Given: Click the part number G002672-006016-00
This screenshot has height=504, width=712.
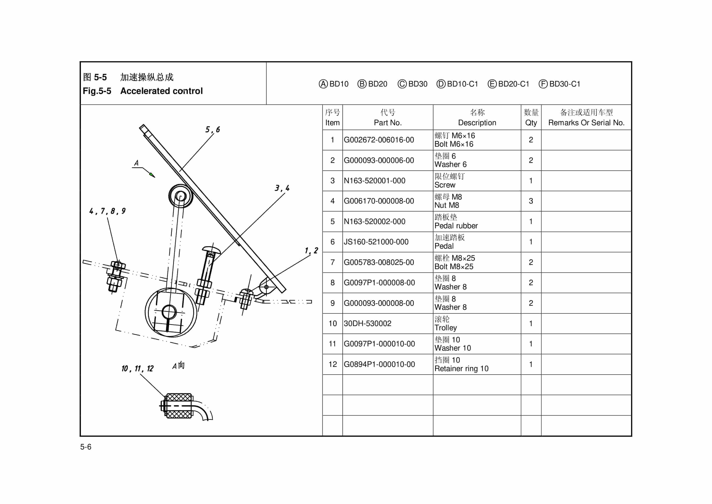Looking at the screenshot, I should (379, 140).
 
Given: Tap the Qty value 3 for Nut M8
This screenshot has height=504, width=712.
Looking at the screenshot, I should (531, 201).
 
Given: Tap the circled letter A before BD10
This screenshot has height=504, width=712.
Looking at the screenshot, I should (323, 84).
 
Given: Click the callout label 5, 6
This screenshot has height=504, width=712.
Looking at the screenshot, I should (212, 130).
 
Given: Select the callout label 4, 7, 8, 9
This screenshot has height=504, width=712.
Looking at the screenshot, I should (107, 211).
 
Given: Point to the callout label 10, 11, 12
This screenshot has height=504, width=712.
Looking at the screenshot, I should (137, 368).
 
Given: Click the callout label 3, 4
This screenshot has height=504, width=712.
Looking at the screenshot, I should (282, 188).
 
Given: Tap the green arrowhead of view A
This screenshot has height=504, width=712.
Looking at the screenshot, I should (152, 175).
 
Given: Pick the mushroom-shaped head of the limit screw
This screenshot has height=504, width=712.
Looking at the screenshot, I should (211, 249).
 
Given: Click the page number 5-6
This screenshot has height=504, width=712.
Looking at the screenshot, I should (86, 447).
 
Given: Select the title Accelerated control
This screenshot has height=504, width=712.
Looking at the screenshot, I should (161, 91).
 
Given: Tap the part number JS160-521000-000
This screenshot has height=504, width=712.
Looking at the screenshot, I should (376, 242).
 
